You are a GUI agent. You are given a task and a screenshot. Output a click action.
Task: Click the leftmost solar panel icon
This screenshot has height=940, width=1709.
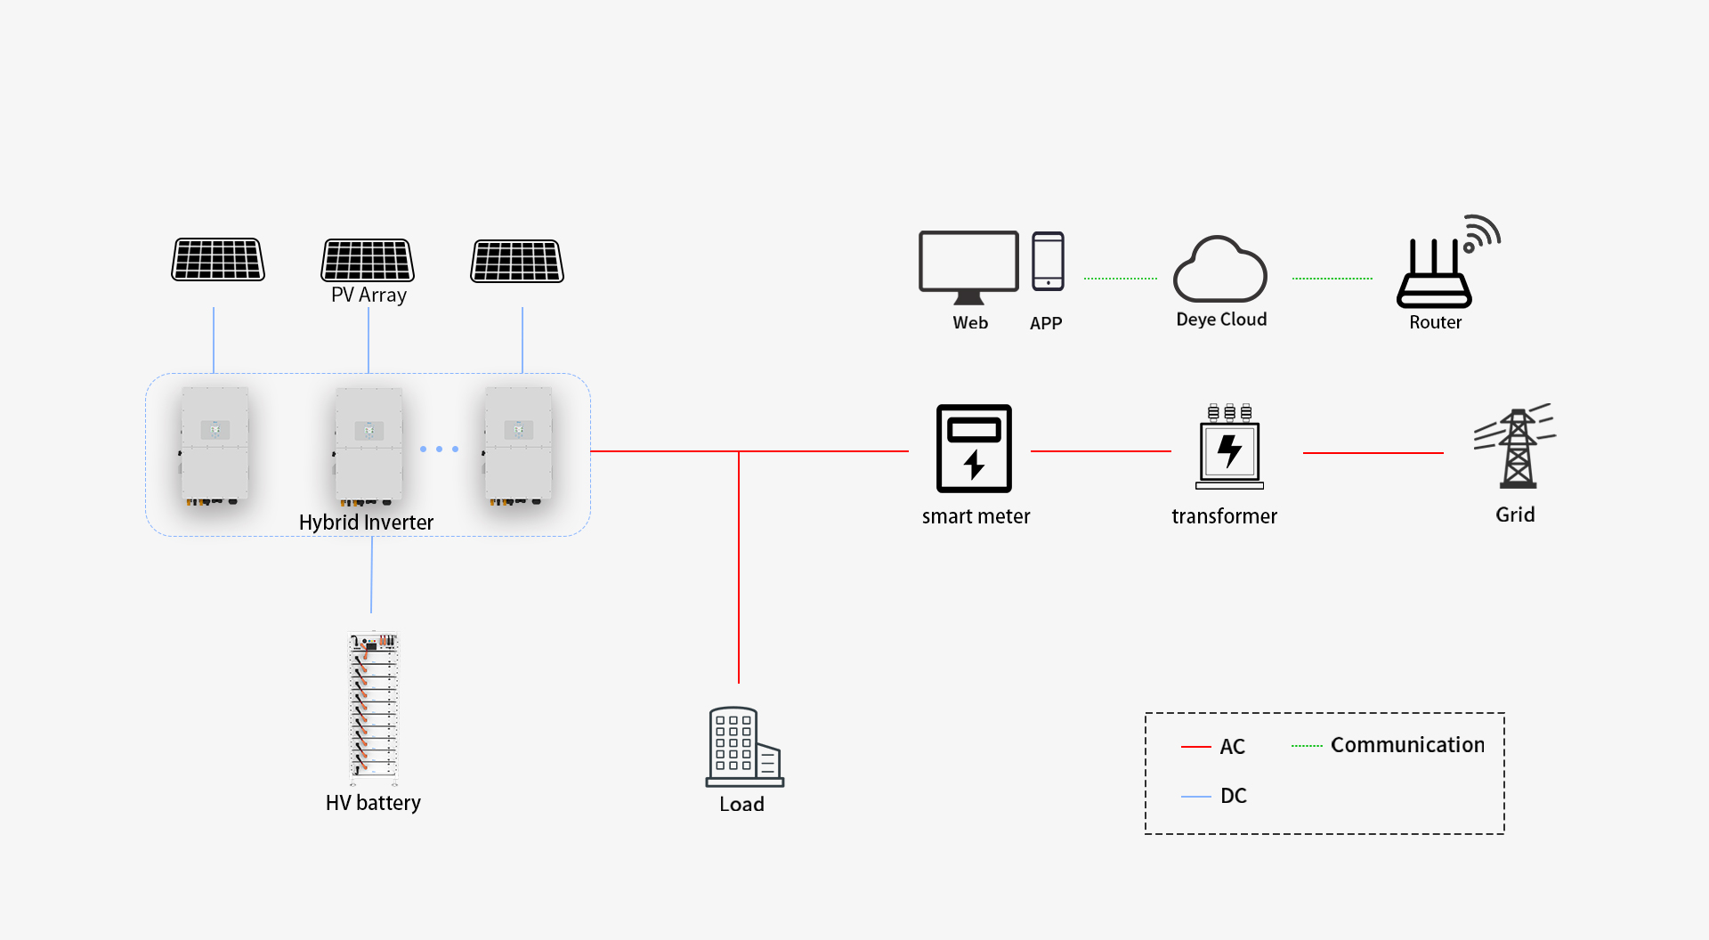point(218,259)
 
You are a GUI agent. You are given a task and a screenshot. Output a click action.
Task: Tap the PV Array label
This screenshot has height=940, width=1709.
point(369,295)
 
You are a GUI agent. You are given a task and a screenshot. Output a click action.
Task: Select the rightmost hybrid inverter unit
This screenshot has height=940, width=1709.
point(518,445)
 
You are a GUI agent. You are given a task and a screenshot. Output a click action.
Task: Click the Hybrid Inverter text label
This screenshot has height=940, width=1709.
point(366,523)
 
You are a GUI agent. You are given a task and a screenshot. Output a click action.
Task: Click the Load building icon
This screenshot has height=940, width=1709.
point(744,747)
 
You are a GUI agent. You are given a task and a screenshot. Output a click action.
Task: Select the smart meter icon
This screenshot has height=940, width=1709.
point(974,449)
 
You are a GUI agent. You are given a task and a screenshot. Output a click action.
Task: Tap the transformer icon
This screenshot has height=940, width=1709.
point(1229,447)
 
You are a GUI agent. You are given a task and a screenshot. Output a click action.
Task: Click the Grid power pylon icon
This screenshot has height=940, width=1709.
point(1517,447)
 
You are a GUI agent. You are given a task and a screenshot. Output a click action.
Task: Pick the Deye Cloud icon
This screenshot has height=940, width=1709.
point(1220,271)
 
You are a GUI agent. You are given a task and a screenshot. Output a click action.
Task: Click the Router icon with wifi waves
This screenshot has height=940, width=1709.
point(1438,267)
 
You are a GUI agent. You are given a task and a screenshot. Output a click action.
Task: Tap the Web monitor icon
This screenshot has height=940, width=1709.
point(968,265)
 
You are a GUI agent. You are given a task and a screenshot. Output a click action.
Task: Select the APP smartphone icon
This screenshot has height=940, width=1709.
point(1048,262)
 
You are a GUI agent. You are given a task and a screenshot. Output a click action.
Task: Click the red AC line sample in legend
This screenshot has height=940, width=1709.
point(1195,747)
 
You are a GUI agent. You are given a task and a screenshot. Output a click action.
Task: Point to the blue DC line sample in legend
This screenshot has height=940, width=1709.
point(1195,796)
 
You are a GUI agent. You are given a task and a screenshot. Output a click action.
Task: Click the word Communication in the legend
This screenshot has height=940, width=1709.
point(1407,745)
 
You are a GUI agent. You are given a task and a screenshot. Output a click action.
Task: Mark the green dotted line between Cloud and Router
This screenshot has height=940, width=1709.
point(1332,279)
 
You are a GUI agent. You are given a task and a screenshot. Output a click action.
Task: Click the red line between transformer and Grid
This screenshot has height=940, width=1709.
point(1373,453)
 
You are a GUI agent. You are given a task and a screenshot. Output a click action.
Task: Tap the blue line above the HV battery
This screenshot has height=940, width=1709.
point(371,574)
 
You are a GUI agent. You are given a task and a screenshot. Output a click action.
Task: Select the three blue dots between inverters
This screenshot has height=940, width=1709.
point(440,450)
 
